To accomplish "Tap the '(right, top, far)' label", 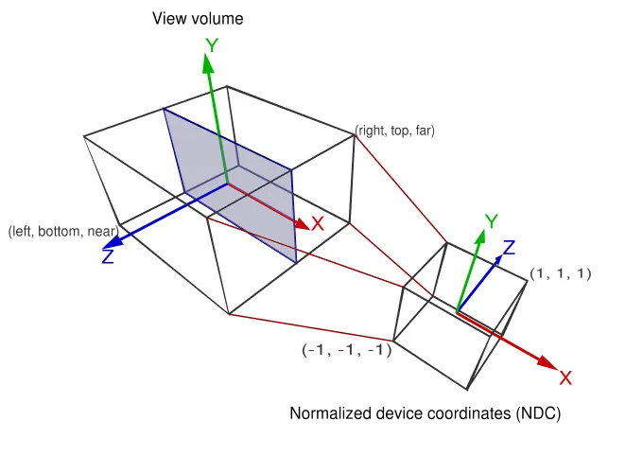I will click(x=395, y=131).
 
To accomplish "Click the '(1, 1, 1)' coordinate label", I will click(x=561, y=273).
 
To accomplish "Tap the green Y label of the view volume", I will click(x=212, y=44).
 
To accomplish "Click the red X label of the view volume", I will click(x=318, y=224).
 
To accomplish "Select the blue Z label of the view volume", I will click(x=108, y=256).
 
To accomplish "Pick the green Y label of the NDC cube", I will click(x=491, y=221).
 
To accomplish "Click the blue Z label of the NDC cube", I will click(x=509, y=248).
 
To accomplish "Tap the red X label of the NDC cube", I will click(x=565, y=378).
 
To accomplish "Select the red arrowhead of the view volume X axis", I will click(x=301, y=224).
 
